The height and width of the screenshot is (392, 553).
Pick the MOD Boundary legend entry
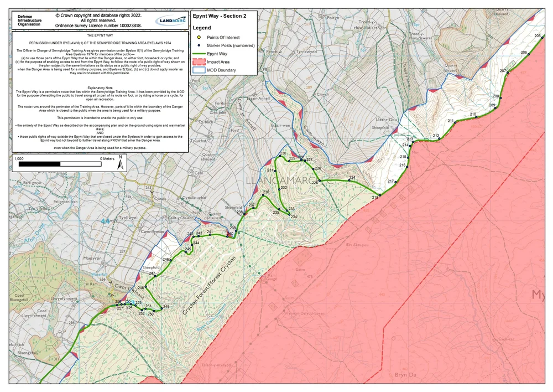221,70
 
